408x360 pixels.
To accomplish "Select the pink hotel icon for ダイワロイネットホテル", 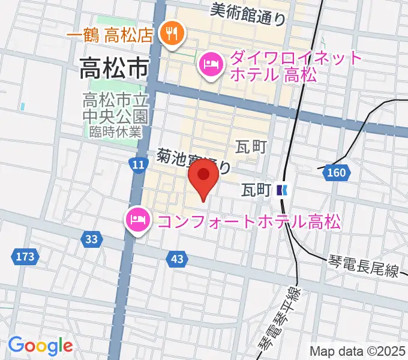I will (x=210, y=65).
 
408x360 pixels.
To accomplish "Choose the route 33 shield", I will (x=91, y=239).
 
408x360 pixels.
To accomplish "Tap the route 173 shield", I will (x=25, y=257).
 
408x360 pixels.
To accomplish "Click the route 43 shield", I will (x=176, y=259).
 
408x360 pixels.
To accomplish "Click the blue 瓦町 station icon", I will (x=283, y=190).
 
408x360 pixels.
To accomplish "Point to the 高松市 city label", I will (x=114, y=71).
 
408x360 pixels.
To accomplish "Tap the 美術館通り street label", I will (x=248, y=13).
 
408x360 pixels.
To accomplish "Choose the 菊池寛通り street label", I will (x=193, y=161).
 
